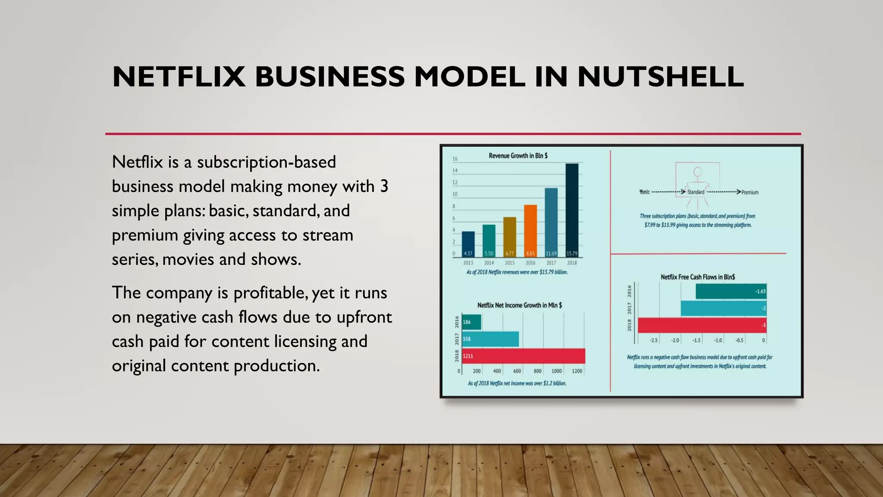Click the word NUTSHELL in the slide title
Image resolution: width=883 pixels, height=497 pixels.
[661, 77]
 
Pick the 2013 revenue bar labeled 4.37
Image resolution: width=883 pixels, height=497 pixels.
[468, 244]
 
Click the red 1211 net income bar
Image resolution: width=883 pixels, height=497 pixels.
[523, 356]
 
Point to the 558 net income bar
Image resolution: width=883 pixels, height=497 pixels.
[490, 339]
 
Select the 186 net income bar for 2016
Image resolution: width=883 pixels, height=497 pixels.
[471, 322]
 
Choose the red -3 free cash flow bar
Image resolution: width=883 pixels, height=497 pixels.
[702, 325]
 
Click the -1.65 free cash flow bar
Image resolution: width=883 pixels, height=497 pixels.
[731, 291]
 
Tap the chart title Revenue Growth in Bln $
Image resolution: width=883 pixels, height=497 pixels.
[518, 156]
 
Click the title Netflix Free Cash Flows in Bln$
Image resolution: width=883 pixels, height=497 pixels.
[698, 277]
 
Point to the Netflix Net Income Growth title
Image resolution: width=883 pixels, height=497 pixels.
[520, 305]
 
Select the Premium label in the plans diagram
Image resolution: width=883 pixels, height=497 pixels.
[750, 192]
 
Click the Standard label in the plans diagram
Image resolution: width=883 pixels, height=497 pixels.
[695, 192]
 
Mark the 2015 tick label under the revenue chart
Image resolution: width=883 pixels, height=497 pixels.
[510, 263]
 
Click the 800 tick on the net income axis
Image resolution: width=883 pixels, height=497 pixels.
[537, 371]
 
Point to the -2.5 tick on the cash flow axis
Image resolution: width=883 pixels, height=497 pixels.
[654, 340]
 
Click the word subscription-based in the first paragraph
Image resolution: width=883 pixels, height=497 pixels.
[266, 162]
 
